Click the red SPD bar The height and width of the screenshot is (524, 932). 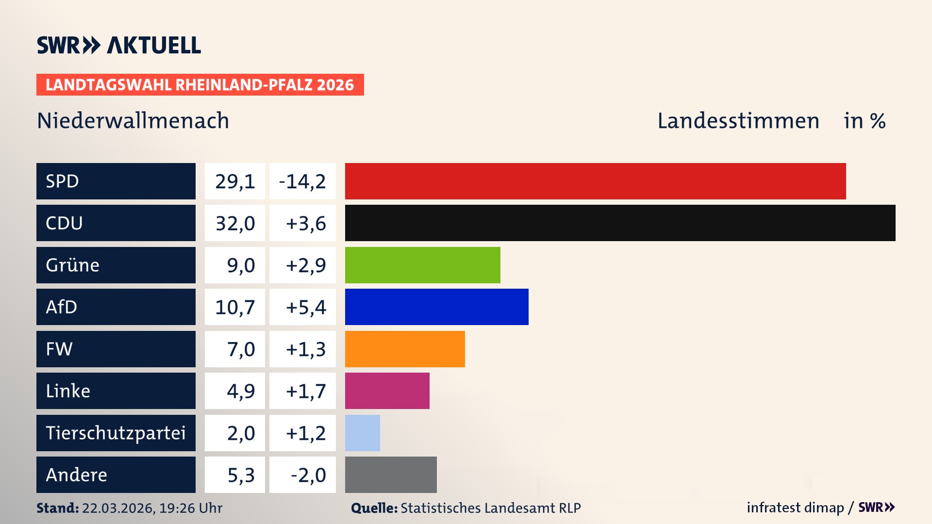coord(595,181)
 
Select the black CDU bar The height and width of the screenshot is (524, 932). coord(620,223)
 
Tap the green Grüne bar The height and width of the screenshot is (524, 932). coord(422,265)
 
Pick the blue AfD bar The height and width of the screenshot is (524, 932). coord(436,307)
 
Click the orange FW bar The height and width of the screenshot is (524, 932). coord(405,349)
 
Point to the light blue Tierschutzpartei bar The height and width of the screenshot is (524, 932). coord(362,433)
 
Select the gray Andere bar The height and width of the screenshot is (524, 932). coord(391,475)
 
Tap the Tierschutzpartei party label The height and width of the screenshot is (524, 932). coord(116,433)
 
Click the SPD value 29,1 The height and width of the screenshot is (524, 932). coord(235,181)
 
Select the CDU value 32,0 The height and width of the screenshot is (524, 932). coord(235,223)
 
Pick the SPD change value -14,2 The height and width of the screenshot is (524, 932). coord(302,181)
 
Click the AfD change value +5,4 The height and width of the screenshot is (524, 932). coord(305,307)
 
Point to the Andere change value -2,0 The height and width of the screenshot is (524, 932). coord(308,475)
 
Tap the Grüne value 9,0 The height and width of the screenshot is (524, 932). coord(240,265)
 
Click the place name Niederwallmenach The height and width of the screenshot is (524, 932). coord(133,120)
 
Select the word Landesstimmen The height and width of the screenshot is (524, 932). coord(738,120)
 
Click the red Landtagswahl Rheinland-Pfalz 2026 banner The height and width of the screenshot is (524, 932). coord(200,84)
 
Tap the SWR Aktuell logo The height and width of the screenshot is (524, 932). coord(119,45)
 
